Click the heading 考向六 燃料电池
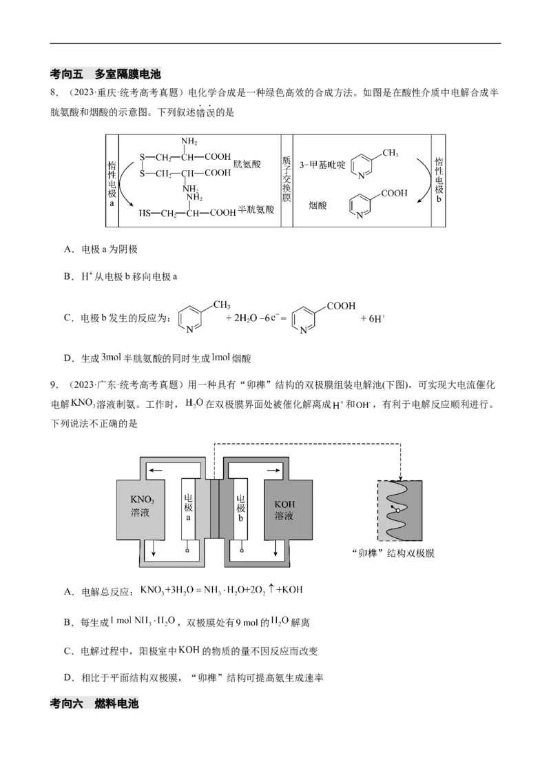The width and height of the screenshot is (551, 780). pyautogui.click(x=94, y=704)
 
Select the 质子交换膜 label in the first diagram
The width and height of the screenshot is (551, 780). pyautogui.click(x=287, y=179)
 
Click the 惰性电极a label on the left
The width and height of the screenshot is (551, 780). pyautogui.click(x=112, y=181)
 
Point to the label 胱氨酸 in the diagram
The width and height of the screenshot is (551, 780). pyautogui.click(x=247, y=164)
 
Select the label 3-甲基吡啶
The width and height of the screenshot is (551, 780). pyautogui.click(x=319, y=164)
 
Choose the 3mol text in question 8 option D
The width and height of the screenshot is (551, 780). pyautogui.click(x=112, y=357)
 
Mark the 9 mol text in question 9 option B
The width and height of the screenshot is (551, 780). pyautogui.click(x=215, y=622)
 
